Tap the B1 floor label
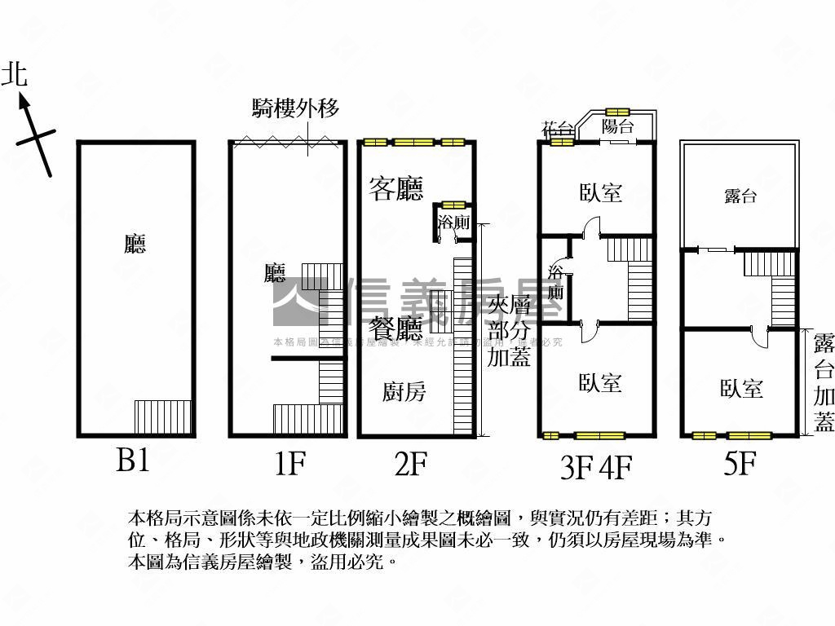coord(132,462)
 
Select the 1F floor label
coord(289,464)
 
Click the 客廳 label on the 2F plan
coord(395,189)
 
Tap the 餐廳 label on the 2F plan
coord(396,329)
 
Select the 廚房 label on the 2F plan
coord(404,392)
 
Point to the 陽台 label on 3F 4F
coord(617,126)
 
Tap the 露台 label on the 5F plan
coord(740,196)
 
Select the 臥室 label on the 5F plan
coord(741,389)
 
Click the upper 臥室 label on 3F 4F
coord(601,193)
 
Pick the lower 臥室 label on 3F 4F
coord(601,383)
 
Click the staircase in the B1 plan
coord(162,417)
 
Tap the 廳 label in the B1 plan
coord(135,244)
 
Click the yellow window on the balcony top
coord(617,112)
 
